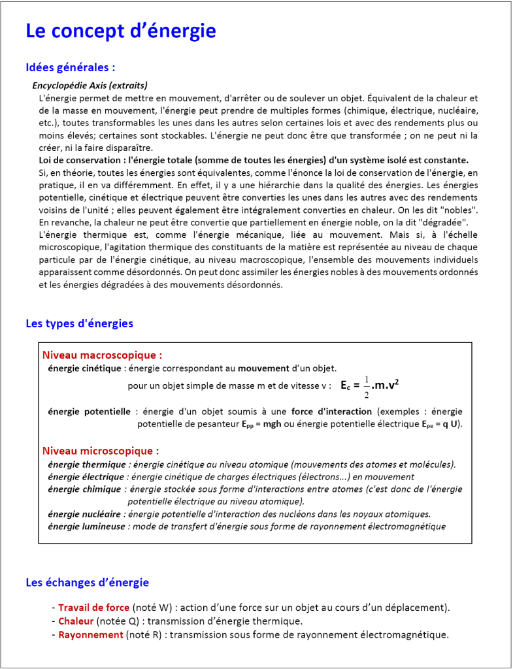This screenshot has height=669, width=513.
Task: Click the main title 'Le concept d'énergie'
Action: point(120,31)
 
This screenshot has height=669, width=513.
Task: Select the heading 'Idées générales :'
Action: point(71,67)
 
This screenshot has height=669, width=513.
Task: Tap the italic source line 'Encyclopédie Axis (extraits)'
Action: point(90,86)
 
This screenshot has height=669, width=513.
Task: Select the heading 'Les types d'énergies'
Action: point(79,323)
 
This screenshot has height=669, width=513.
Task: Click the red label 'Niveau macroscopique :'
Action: point(102,355)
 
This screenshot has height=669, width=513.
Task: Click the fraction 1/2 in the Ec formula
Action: point(367,386)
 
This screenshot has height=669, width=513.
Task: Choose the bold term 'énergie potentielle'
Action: point(90,412)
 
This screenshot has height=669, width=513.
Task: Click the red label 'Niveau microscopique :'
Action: point(101,451)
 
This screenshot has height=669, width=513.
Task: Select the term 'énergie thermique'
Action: point(86,465)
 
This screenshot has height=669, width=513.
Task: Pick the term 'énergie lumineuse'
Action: point(87,527)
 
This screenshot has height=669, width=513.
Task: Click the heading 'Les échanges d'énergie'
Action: point(87,582)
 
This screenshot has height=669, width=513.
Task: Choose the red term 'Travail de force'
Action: point(93,608)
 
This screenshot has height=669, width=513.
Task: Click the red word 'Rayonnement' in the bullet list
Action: point(91,634)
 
